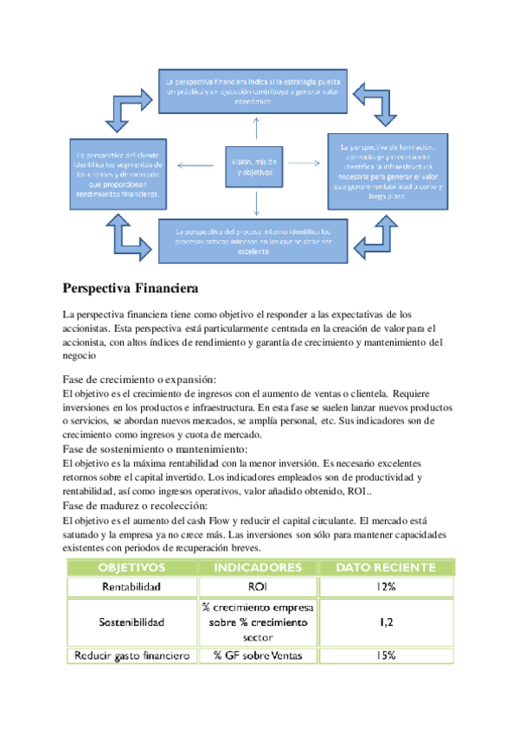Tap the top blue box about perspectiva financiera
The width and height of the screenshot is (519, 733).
click(254, 90)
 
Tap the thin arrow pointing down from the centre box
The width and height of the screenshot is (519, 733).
click(256, 204)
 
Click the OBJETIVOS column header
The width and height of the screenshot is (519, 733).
click(131, 568)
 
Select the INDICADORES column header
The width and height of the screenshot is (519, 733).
click(258, 568)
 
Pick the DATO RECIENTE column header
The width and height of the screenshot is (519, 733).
click(385, 568)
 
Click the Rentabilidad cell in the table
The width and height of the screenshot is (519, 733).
click(131, 587)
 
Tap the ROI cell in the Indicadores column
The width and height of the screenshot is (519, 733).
click(258, 587)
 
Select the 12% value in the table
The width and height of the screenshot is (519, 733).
click(385, 587)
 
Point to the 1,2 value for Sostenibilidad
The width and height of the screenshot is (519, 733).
click(385, 621)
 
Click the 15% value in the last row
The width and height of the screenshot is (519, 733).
click(385, 655)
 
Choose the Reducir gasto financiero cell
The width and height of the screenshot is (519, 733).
click(131, 655)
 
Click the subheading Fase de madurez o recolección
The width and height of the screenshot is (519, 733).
click(135, 506)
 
